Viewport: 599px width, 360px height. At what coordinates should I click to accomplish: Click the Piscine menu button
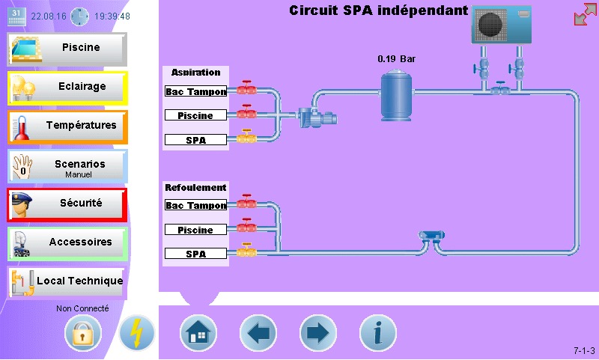click(67, 48)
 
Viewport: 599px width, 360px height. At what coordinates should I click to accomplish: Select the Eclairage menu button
click(67, 87)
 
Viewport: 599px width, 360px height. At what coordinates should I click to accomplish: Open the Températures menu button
click(67, 126)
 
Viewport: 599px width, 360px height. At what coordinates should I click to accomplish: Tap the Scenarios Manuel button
click(67, 166)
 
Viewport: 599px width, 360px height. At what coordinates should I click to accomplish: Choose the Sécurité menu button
click(67, 204)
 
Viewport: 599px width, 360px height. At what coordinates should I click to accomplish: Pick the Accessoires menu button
click(67, 242)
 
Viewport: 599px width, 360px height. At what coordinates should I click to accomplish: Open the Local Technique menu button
click(67, 281)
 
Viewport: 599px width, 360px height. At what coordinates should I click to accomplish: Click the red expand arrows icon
click(585, 14)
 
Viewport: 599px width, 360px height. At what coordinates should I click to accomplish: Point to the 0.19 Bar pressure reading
click(396, 58)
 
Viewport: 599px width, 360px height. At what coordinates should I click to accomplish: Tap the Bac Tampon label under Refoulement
click(196, 205)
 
